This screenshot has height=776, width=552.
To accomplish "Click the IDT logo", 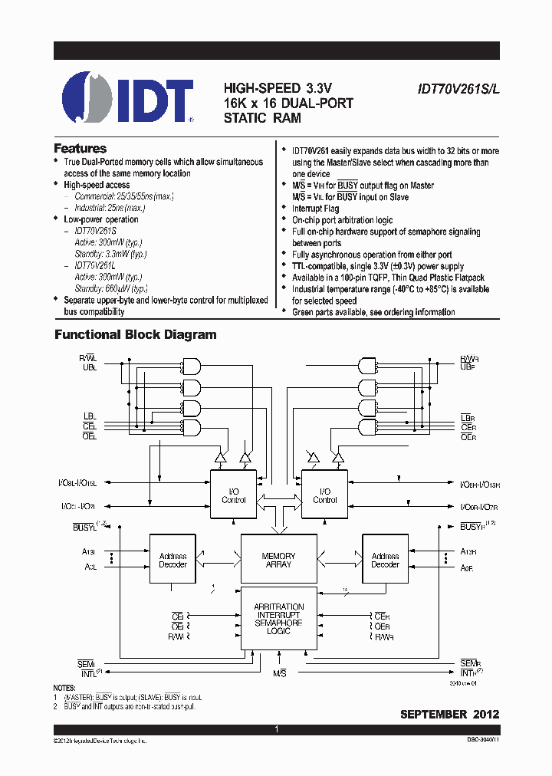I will [127, 99].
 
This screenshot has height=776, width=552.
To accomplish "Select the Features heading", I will [80, 149].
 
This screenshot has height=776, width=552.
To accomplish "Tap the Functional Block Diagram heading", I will [135, 335].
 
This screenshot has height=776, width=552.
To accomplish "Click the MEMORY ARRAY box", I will [278, 560].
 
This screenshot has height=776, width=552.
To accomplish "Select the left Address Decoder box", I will [172, 560].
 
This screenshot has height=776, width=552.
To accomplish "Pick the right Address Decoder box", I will [385, 560].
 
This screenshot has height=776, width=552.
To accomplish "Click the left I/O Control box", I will [233, 495].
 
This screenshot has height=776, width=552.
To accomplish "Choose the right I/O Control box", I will [325, 495].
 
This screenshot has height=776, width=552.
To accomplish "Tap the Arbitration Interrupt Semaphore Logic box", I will [278, 618].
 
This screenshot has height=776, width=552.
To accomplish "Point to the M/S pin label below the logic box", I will [280, 672].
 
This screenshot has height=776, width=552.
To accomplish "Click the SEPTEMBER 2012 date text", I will [449, 714].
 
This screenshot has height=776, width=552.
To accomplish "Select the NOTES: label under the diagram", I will [64, 689].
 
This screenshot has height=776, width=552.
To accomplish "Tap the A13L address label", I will [90, 552].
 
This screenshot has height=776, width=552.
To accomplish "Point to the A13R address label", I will [468, 552].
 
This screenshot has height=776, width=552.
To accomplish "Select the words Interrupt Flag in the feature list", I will [315, 209].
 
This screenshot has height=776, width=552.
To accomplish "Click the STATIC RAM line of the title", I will [262, 118].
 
